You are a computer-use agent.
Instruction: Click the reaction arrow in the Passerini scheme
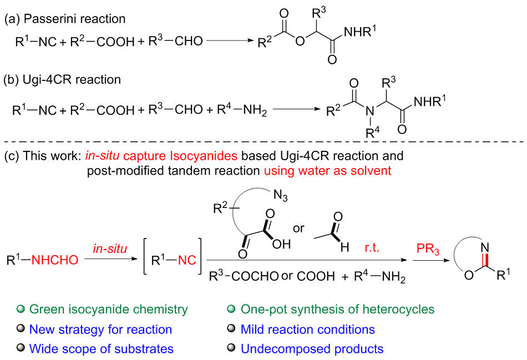tap(230, 40)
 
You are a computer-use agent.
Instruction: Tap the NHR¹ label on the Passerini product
tap(360, 32)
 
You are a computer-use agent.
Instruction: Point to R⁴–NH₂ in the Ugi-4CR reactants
tap(242, 110)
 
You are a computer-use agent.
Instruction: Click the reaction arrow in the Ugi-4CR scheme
tap(297, 109)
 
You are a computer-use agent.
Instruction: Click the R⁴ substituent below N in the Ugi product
tap(372, 133)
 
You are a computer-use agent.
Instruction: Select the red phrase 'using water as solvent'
tap(328, 170)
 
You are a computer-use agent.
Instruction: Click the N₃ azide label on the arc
tap(281, 195)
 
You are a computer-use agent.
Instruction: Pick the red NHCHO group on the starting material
tap(55, 260)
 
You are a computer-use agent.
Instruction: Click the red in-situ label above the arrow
tap(110, 249)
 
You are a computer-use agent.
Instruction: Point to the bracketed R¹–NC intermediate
tap(173, 260)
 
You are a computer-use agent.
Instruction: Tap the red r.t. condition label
tap(372, 248)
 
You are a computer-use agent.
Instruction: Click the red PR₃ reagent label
tap(428, 249)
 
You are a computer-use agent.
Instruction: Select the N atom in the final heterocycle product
tap(484, 247)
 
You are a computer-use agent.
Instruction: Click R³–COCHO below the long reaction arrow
tap(244, 276)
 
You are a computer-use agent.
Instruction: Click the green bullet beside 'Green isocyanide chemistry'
tap(21, 308)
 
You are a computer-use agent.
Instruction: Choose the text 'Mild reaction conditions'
tap(307, 329)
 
